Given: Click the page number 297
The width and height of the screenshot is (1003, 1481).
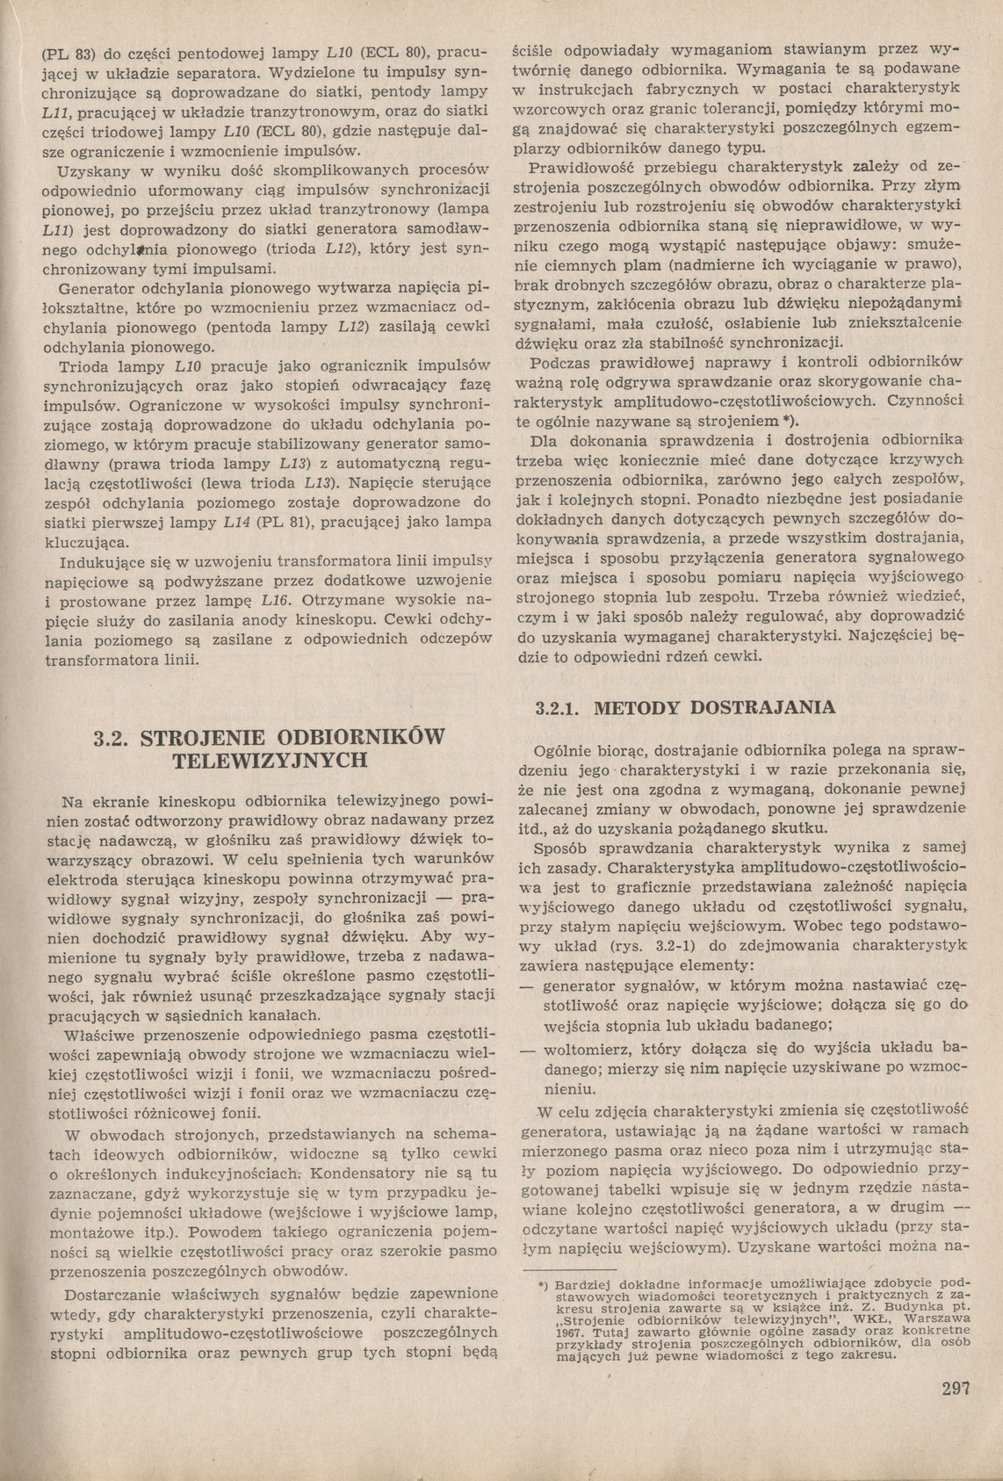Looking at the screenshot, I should pos(953,1390).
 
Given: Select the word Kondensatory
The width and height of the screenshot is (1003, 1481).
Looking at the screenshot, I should pos(362,1173).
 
